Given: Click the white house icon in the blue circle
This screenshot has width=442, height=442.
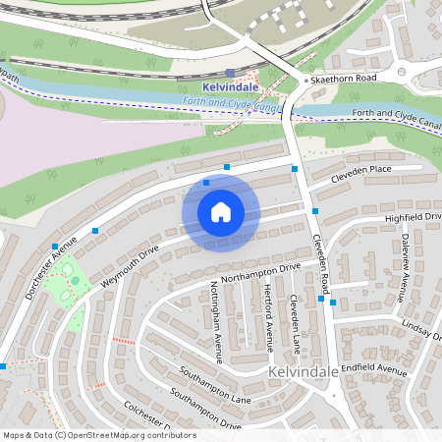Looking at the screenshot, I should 221,212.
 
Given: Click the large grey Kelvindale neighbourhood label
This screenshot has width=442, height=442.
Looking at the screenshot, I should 304,374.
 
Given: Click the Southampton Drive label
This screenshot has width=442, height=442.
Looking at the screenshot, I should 205,411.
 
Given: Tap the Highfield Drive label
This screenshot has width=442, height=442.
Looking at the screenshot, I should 414,216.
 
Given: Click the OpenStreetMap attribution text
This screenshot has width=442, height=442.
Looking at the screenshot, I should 98,435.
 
